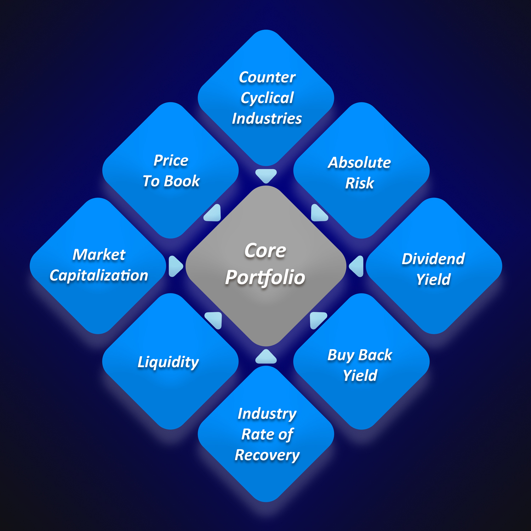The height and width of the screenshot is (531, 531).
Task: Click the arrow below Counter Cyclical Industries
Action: click(266, 175)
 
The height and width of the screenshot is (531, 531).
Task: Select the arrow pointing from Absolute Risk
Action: click(319, 213)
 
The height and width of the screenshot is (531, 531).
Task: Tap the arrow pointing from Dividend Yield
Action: click(357, 266)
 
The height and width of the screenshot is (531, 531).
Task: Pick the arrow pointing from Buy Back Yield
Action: click(318, 320)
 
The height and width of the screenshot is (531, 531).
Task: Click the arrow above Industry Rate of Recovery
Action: click(266, 357)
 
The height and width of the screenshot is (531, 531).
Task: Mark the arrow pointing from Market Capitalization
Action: click(175, 266)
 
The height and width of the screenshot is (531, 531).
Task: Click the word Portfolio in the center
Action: click(265, 277)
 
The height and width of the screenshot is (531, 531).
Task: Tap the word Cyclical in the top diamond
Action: click(267, 98)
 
